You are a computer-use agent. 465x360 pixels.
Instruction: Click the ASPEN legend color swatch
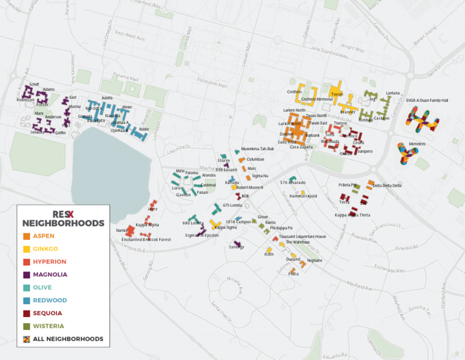pyautogui.click(x=26, y=236)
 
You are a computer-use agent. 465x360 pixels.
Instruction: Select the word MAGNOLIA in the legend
pyautogui.click(x=50, y=275)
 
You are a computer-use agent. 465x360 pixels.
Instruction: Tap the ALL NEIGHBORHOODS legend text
pyautogui.click(x=68, y=339)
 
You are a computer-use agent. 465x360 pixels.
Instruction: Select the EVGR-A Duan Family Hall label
pyautogui.click(x=427, y=100)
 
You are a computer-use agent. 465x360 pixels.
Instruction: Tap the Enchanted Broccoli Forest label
pyautogui.click(x=146, y=239)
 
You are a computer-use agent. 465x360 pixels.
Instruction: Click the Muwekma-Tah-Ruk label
pyautogui.click(x=257, y=148)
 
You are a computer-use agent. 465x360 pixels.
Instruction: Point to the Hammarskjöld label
pyautogui.click(x=303, y=196)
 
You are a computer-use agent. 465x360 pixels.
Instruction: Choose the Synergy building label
pyautogui.click(x=236, y=247)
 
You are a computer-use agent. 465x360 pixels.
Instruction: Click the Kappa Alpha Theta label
pyautogui.click(x=352, y=215)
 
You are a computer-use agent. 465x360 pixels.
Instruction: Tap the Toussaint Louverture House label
pyautogui.click(x=302, y=236)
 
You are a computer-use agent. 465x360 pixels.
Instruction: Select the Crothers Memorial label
pyautogui.click(x=317, y=99)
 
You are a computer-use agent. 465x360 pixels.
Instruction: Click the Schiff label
pyautogui.click(x=34, y=84)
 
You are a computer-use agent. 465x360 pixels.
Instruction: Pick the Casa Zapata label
pyautogui.click(x=301, y=147)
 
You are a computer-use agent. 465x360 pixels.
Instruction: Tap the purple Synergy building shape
pyautogui.click(x=238, y=243)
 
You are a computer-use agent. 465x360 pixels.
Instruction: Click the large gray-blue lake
pyautogui.click(x=109, y=170)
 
